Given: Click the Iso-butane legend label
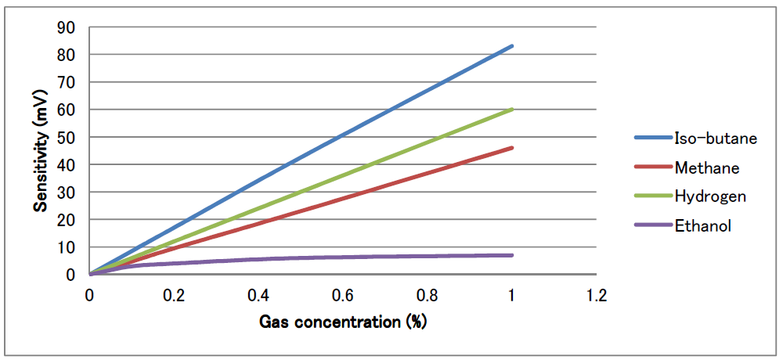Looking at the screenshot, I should pyautogui.click(x=716, y=139).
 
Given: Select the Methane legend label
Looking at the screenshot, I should pyautogui.click(x=706, y=167).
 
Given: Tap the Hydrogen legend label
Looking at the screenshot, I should pyautogui.click(x=710, y=196).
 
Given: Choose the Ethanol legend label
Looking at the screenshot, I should pyautogui.click(x=702, y=225).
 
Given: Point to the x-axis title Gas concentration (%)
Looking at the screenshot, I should pyautogui.click(x=343, y=322).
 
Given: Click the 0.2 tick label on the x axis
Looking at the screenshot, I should pyautogui.click(x=174, y=296).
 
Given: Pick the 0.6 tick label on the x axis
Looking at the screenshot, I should pyautogui.click(x=343, y=296).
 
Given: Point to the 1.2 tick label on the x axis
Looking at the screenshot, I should pyautogui.click(x=596, y=296).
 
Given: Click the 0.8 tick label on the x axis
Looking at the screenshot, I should pyautogui.click(x=428, y=296).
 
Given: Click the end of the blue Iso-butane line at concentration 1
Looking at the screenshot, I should pyautogui.click(x=512, y=46).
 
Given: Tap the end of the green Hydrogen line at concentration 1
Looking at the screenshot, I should pyautogui.click(x=512, y=110).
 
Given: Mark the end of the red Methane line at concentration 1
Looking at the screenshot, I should pyautogui.click(x=512, y=148).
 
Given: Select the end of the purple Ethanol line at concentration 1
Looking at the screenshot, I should pyautogui.click(x=512, y=255).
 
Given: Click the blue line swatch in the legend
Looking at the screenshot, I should pyautogui.click(x=652, y=139).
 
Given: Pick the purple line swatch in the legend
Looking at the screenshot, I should pyautogui.click(x=652, y=225).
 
